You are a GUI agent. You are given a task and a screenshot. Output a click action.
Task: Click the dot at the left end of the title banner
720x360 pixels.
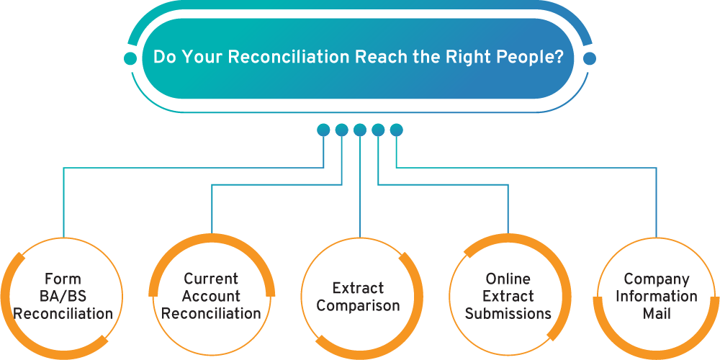pyautogui.click(x=130, y=58)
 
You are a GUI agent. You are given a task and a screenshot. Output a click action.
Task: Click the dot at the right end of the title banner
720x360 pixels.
pyautogui.click(x=590, y=58)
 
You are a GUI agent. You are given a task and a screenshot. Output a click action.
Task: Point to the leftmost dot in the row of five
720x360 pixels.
pyautogui.click(x=323, y=130)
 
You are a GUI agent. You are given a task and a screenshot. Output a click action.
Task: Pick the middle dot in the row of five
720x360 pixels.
pyautogui.click(x=360, y=130)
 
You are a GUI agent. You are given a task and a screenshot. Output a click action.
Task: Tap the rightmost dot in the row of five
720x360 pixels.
pyautogui.click(x=397, y=130)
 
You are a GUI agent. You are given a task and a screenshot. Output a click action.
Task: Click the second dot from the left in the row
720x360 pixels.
pyautogui.click(x=341, y=130)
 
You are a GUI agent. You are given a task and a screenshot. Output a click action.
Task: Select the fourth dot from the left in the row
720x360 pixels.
pyautogui.click(x=379, y=130)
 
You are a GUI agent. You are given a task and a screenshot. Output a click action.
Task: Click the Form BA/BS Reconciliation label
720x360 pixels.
pyautogui.click(x=63, y=297)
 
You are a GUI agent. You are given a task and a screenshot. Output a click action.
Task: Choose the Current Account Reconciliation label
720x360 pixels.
pyautogui.click(x=212, y=297)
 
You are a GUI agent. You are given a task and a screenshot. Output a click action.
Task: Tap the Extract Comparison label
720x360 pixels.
pyautogui.click(x=359, y=297)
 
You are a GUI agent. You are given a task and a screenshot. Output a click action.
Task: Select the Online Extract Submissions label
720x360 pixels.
pyautogui.click(x=508, y=297)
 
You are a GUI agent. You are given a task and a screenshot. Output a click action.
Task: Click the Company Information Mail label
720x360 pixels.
pyautogui.click(x=657, y=297)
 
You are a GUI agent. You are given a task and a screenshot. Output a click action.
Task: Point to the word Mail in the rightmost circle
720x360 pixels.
pyautogui.click(x=657, y=314)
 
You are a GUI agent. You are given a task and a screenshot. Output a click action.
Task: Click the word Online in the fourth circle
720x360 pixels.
pyautogui.click(x=508, y=279)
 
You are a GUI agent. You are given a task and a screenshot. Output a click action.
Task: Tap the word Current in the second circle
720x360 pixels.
pyautogui.click(x=212, y=279)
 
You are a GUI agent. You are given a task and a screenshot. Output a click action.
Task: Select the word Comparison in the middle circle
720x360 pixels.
pyautogui.click(x=359, y=306)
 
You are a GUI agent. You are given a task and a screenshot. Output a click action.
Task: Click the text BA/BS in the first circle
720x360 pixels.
pyautogui.click(x=63, y=297)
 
